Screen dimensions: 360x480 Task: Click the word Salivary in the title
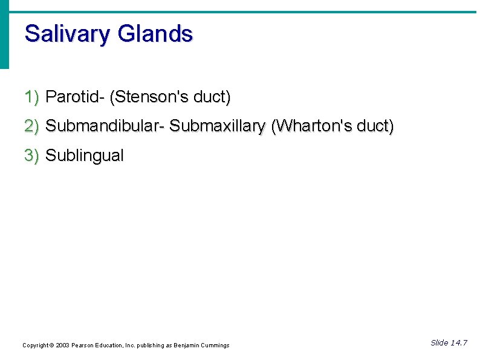[x=67, y=34]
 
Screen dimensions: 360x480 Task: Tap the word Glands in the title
[x=155, y=33]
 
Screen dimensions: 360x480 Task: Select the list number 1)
[x=31, y=96]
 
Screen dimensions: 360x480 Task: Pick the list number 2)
[x=31, y=126]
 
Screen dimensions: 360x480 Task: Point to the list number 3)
[x=31, y=155]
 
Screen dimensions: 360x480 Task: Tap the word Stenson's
[x=151, y=96]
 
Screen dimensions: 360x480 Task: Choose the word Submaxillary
[x=217, y=126]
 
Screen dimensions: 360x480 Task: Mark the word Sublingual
[x=85, y=155]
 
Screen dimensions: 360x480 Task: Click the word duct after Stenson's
[x=214, y=96]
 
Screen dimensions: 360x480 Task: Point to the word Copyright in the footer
[x=35, y=345]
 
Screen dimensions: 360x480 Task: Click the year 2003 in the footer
[x=62, y=345]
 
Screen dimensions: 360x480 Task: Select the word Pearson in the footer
[x=82, y=345]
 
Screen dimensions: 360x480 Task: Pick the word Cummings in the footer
[x=215, y=345]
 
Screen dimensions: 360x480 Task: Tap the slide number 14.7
[x=458, y=343]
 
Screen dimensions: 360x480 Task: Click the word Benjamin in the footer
[x=187, y=345]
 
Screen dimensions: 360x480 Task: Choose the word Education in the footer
[x=109, y=345]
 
